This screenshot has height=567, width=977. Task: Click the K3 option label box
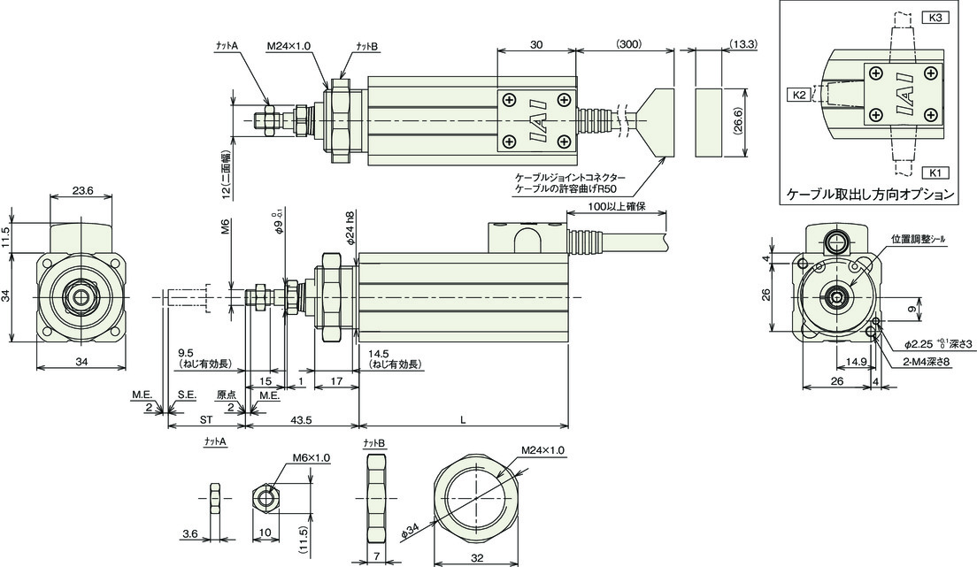pos(935,18)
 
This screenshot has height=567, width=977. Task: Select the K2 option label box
pos(801,95)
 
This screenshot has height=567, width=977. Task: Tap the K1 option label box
pos(935,172)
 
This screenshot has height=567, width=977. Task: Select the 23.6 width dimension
pos(82,191)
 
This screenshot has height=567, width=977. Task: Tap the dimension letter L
pos(463,420)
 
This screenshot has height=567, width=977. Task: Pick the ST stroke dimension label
pos(206,420)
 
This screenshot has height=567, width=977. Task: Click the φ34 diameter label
pos(409,531)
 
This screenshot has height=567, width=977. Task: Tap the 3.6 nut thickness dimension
pos(190,533)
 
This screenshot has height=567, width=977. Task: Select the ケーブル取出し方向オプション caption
pos(871,195)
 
